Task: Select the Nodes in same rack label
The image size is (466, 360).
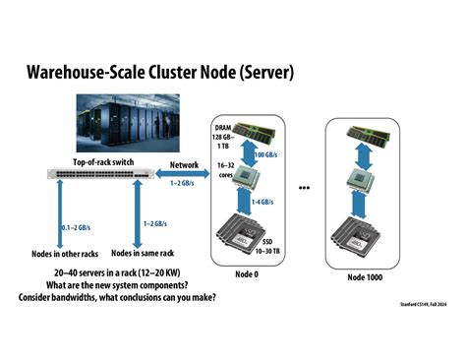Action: pos(136,254)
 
